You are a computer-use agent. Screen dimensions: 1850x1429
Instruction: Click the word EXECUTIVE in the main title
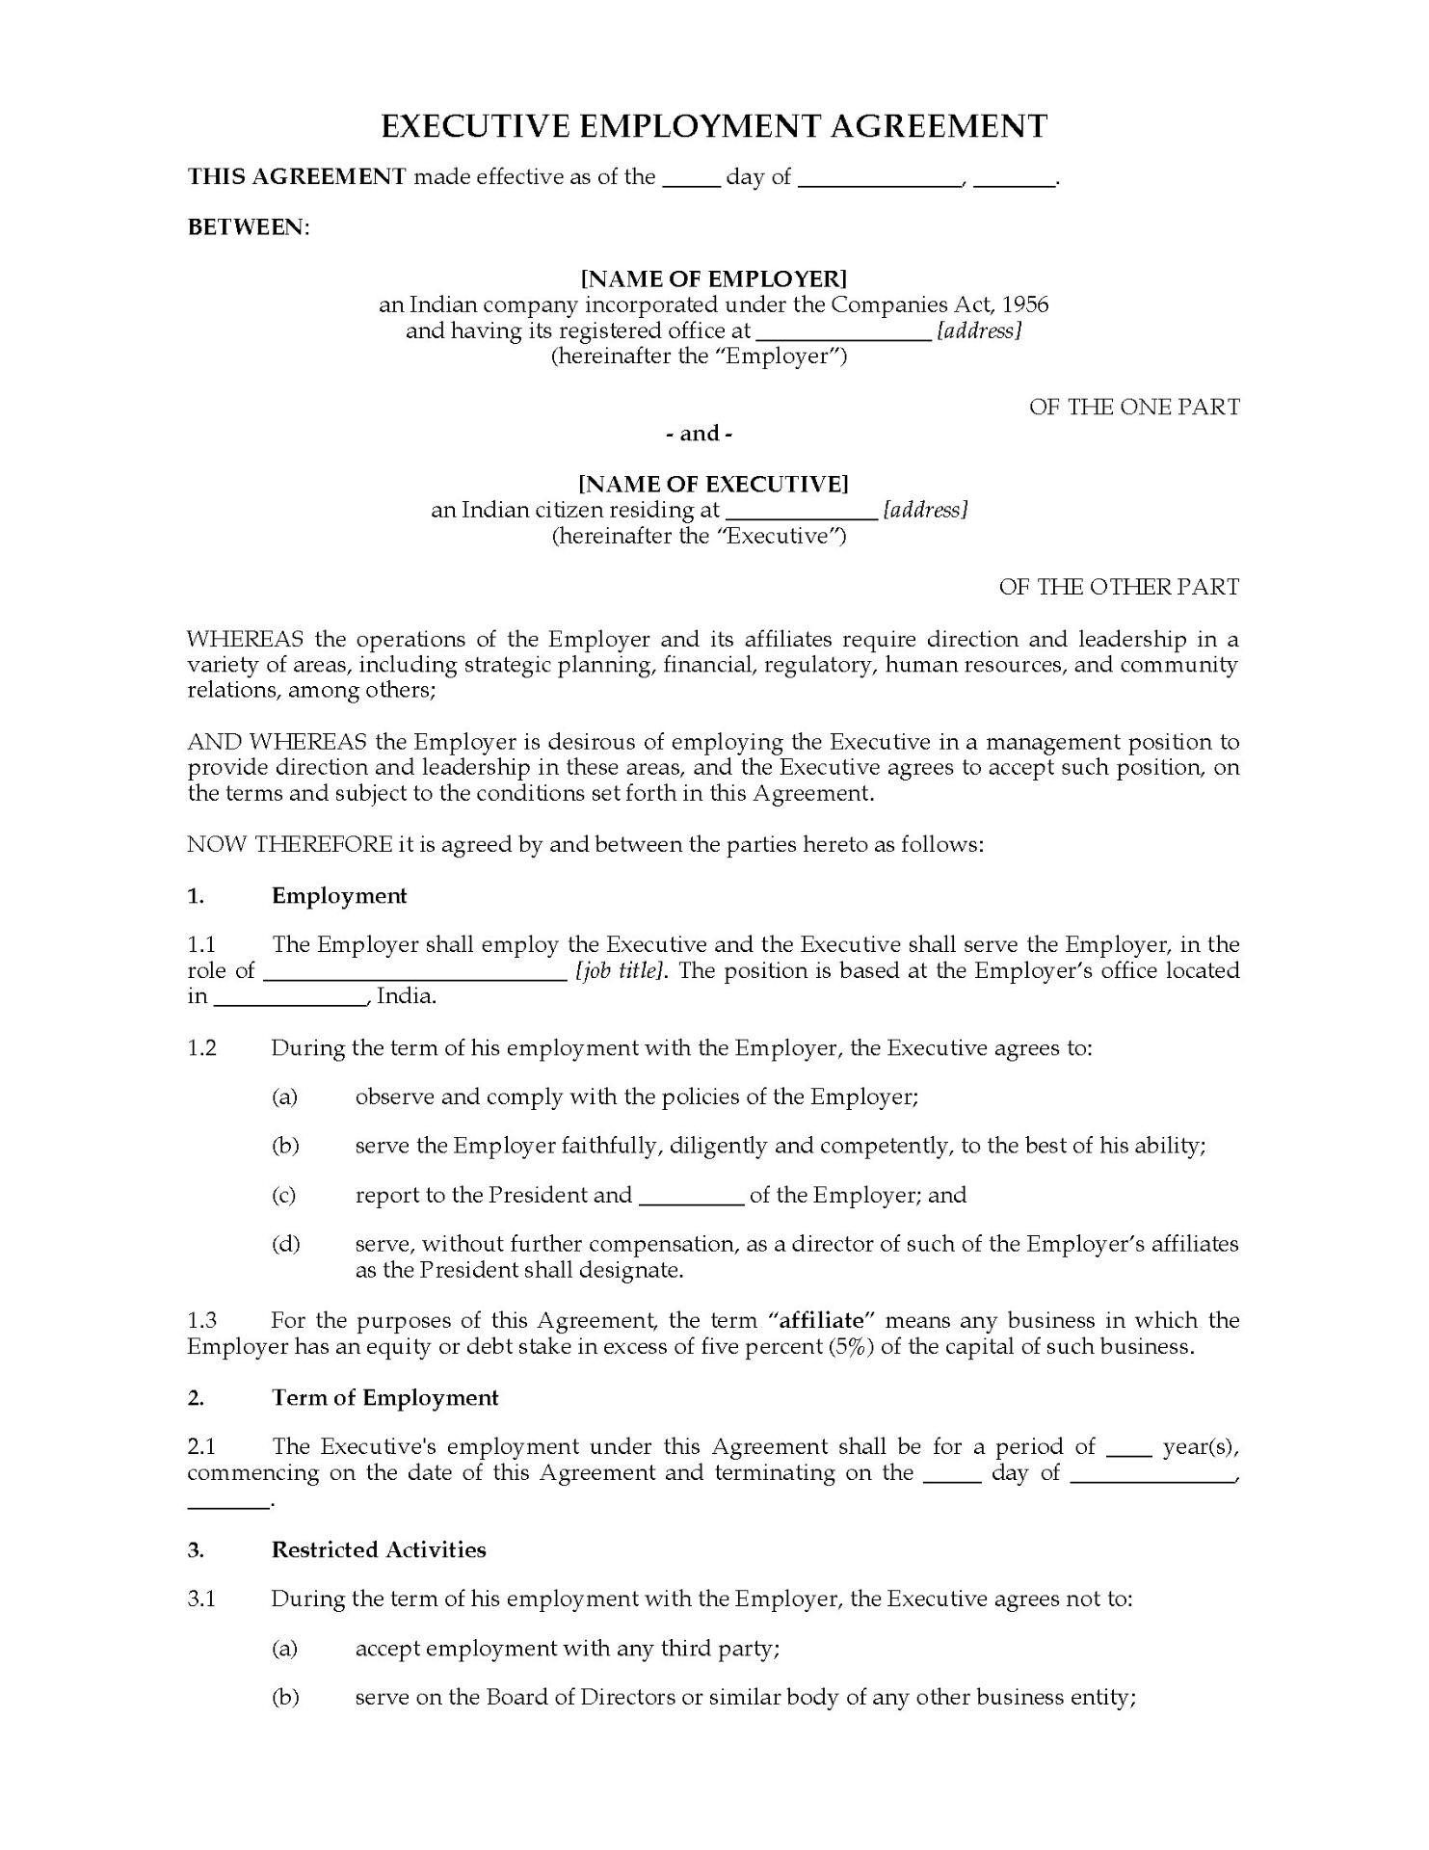(490, 126)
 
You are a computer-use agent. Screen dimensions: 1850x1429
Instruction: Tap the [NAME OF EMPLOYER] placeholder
(713, 279)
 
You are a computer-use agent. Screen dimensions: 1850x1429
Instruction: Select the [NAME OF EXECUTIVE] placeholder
(713, 484)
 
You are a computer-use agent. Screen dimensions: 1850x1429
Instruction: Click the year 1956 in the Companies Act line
(1024, 305)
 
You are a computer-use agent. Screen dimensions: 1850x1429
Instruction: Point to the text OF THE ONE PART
(1133, 408)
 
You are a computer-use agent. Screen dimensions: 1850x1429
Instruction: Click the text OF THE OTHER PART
(1118, 587)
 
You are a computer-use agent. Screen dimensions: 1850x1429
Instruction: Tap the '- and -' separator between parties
(700, 434)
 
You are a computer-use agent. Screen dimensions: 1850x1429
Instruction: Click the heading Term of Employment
(384, 1398)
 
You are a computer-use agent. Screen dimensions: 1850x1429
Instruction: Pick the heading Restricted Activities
(378, 1549)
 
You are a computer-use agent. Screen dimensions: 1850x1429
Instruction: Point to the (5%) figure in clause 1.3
(851, 1346)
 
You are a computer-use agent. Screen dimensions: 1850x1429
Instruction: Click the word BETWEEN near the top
(246, 227)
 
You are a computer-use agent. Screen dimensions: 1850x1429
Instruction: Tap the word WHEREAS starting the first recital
(245, 639)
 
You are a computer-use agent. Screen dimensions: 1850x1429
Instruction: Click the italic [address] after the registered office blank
(979, 331)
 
